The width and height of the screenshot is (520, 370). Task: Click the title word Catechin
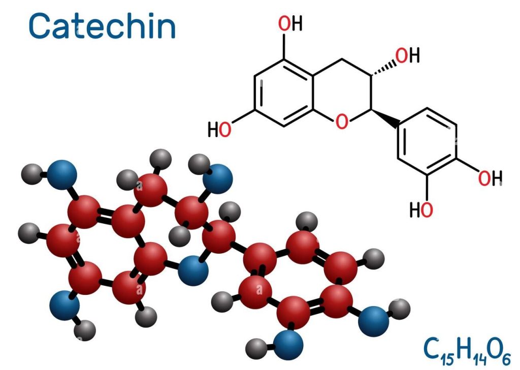coord(102,26)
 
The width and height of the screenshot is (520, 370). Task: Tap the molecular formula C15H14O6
coord(467,350)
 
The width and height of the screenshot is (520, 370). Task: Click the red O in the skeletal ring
coord(342,121)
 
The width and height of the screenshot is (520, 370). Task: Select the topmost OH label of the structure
coord(290,23)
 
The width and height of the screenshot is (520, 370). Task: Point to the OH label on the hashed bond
coord(408,55)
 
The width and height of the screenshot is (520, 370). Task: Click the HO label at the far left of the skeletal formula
coord(219,129)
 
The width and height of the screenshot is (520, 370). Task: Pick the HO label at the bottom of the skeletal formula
coord(421,210)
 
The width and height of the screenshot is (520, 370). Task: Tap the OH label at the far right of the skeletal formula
coord(490,178)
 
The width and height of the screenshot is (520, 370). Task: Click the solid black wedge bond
coord(385,118)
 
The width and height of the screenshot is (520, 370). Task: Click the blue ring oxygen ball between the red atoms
coord(193,270)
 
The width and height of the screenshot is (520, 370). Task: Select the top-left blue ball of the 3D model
coord(61,175)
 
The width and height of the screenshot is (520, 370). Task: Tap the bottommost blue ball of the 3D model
coord(289,345)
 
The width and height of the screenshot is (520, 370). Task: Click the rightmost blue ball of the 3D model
coord(374,321)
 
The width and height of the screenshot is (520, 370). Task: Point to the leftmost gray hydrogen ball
coord(29,233)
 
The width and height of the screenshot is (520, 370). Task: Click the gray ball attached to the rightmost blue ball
coord(399,309)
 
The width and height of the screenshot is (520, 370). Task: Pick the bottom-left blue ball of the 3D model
coord(64,306)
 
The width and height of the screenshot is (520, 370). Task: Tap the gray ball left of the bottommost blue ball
coord(256,349)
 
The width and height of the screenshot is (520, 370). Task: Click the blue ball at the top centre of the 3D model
coord(217,179)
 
